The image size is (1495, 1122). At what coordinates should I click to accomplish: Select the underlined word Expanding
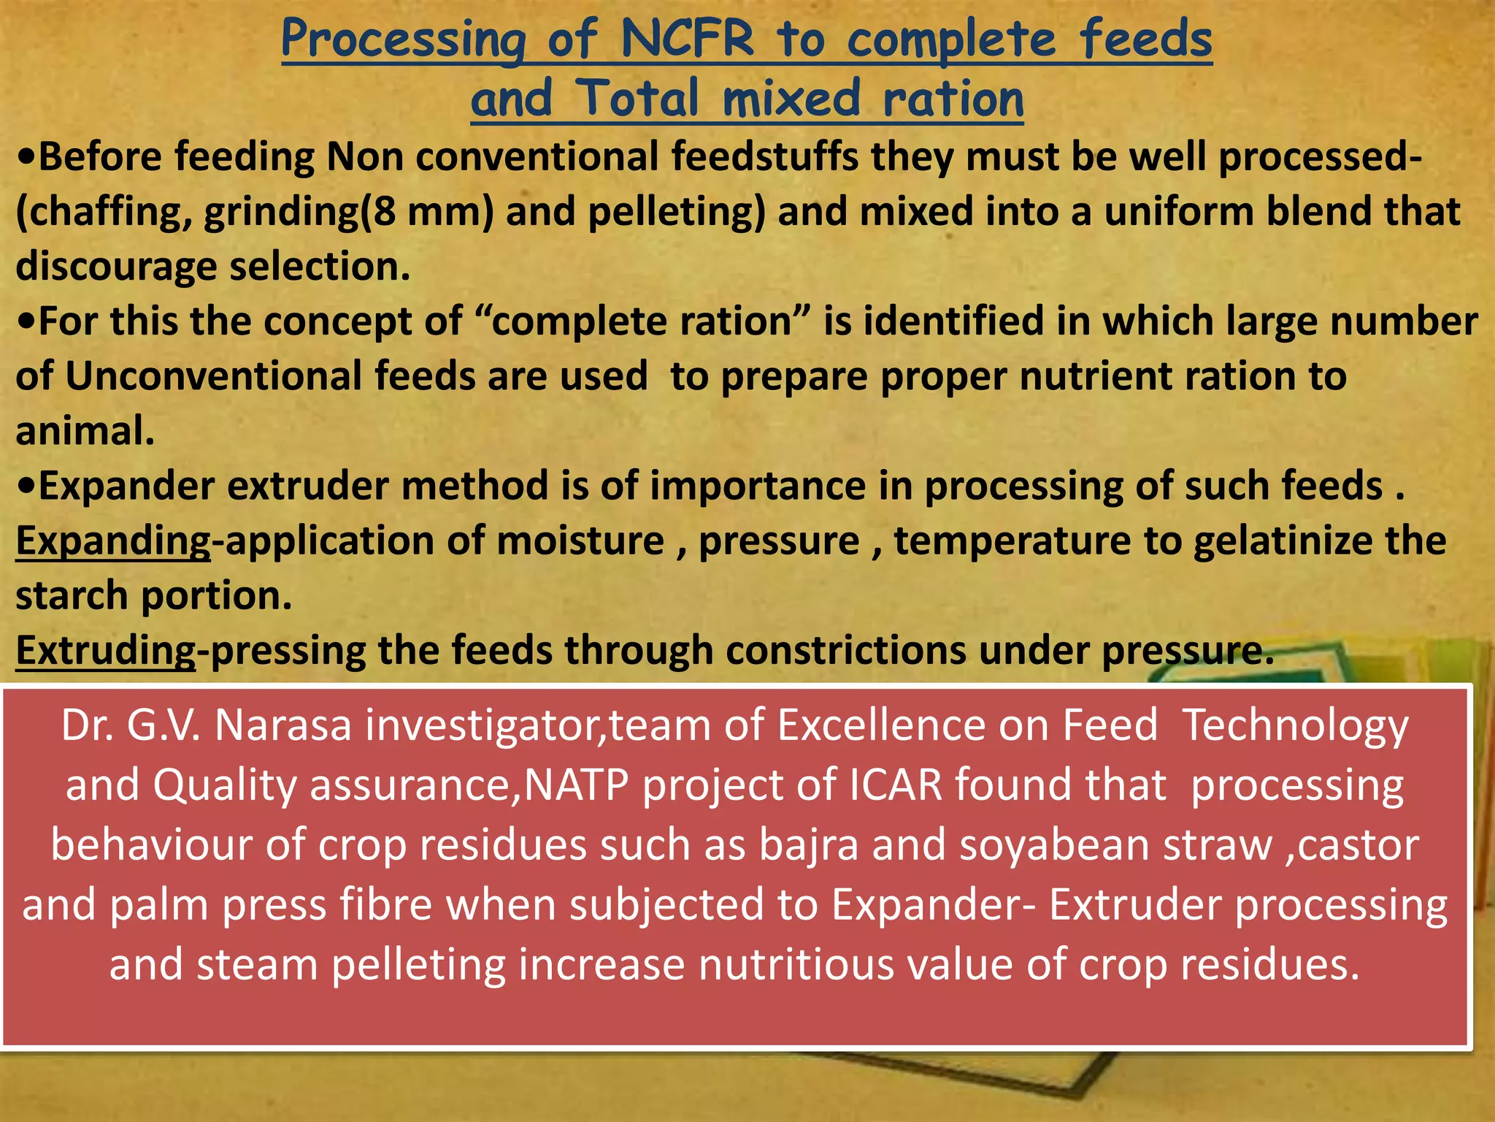[113, 541]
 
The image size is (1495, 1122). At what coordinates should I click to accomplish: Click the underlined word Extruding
[106, 650]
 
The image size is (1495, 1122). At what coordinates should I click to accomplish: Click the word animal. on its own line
[85, 431]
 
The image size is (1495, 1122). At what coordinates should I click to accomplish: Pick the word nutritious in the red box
[796, 964]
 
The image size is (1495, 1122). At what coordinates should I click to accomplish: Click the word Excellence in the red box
[880, 726]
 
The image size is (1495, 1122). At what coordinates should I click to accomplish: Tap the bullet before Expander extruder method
[26, 486]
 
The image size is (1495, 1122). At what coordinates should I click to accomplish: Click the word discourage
[117, 267]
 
